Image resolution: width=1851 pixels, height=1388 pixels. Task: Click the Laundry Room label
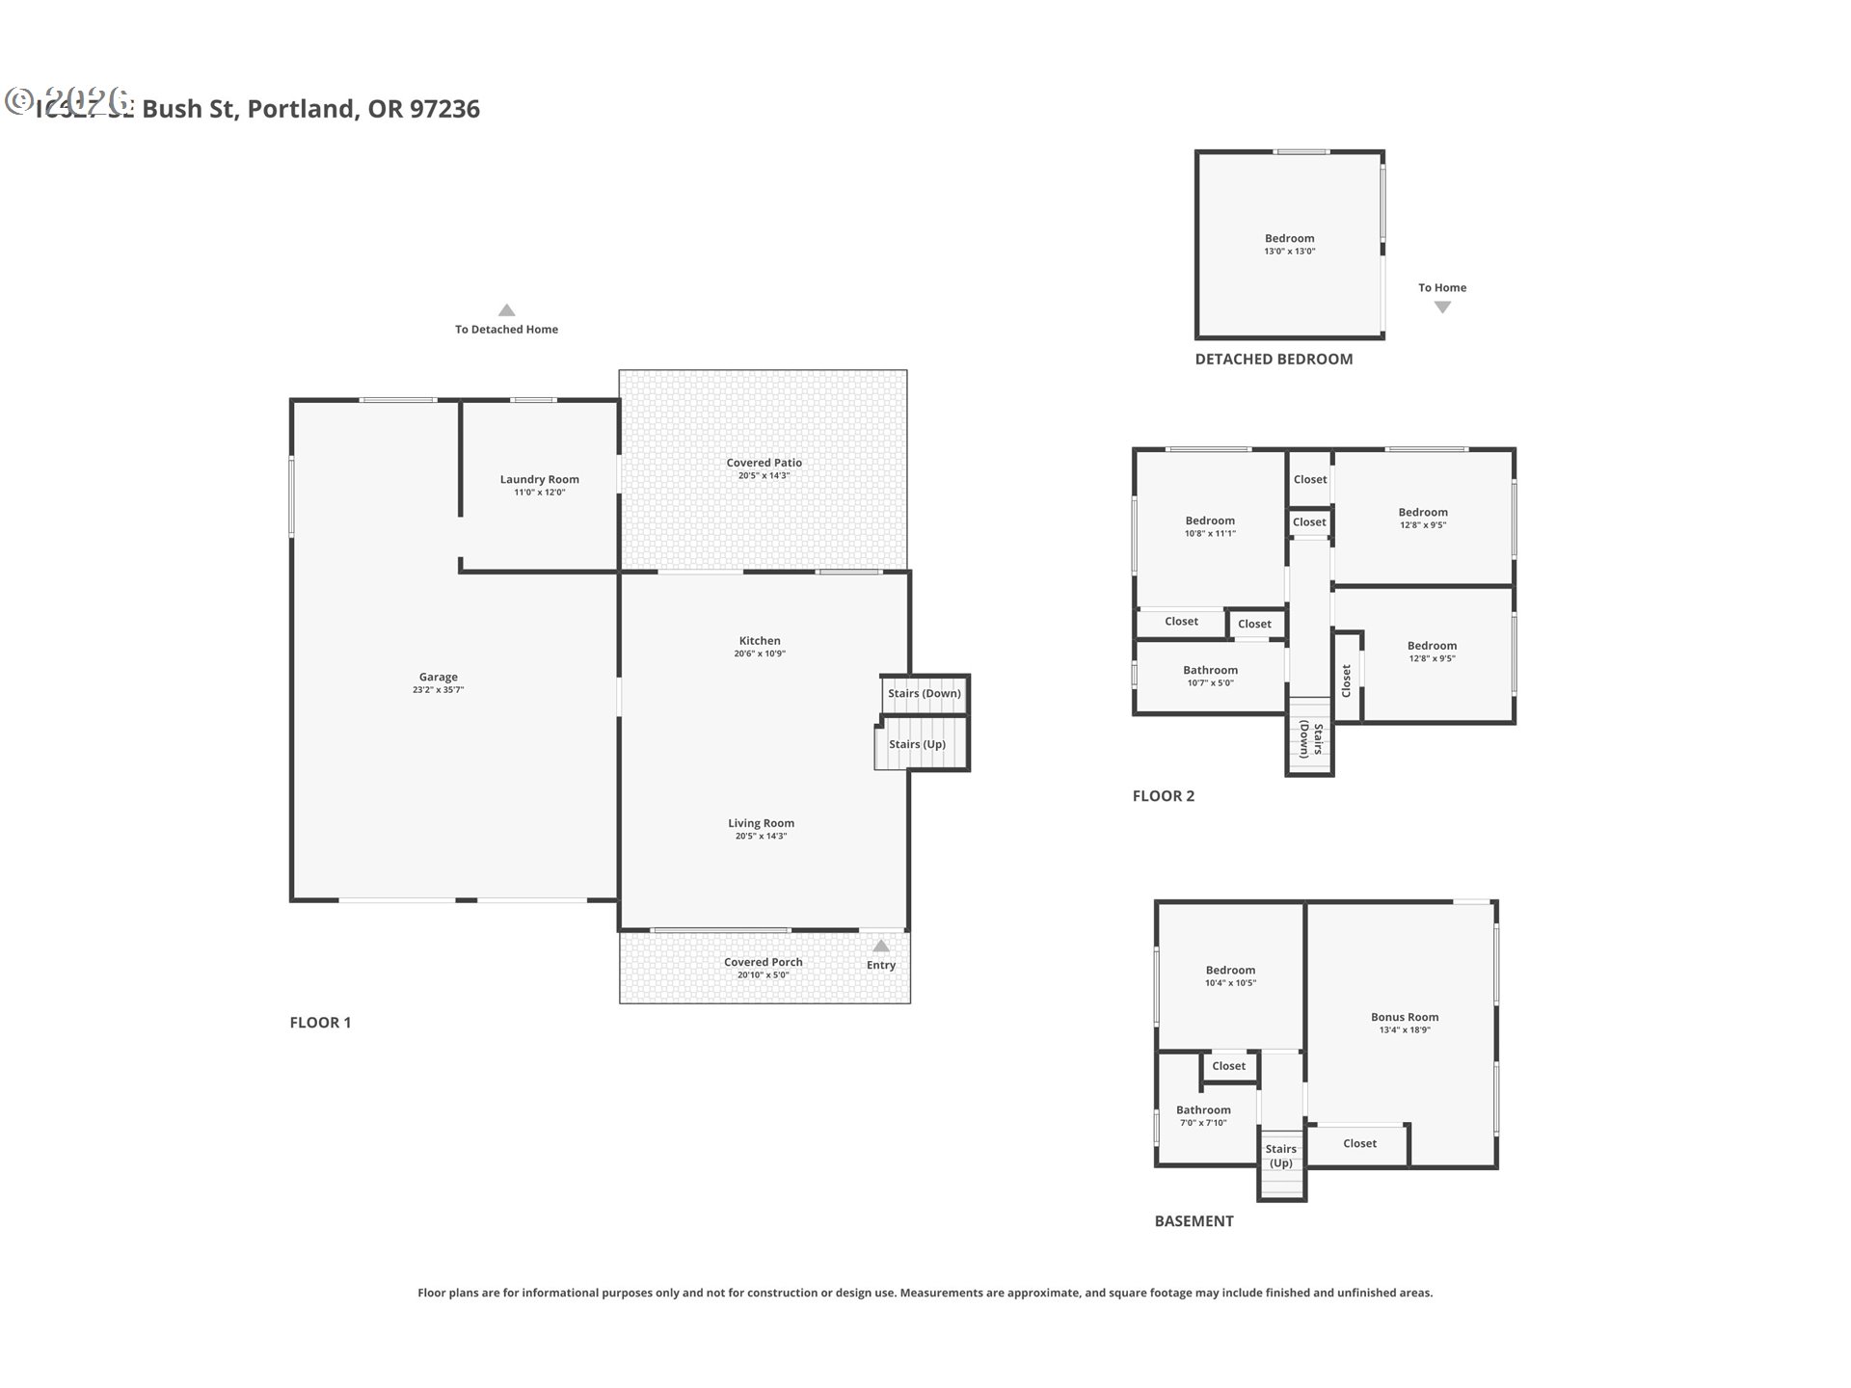click(539, 480)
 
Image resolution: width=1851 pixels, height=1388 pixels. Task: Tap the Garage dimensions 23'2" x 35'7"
click(438, 690)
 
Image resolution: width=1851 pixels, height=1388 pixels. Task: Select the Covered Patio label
click(764, 464)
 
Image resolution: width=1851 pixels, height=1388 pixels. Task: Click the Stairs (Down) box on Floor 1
click(925, 693)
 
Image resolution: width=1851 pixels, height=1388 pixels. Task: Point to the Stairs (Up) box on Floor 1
click(918, 744)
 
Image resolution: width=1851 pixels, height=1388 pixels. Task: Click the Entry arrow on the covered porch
click(881, 947)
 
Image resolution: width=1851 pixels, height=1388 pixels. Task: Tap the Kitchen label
click(760, 641)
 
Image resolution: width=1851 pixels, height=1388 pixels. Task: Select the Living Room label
click(761, 824)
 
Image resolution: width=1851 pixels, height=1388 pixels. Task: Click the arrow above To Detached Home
click(506, 310)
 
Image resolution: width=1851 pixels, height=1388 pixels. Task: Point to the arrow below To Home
click(1442, 307)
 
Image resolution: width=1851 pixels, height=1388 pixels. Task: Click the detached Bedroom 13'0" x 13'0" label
click(1289, 239)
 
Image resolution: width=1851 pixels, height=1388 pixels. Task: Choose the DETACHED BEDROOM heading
click(1274, 360)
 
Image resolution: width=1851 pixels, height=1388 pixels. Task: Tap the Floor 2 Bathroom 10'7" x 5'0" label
click(1210, 671)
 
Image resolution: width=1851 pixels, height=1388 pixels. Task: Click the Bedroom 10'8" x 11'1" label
click(1210, 521)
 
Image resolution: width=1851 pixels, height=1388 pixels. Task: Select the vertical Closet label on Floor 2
click(1347, 680)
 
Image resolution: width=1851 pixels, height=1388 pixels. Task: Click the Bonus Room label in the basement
click(1405, 1018)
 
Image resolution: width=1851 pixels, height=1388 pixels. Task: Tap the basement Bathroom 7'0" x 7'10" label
click(1203, 1110)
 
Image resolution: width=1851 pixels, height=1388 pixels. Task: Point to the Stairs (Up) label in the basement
click(1281, 1156)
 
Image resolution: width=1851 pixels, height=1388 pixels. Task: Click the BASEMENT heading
click(1194, 1221)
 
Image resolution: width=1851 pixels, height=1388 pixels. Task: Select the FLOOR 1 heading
click(320, 1023)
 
